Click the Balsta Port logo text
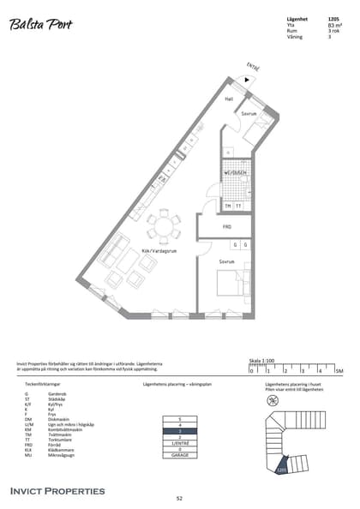point(40,26)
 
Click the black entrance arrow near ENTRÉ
point(247,79)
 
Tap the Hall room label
point(229,99)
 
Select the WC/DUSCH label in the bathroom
point(236,173)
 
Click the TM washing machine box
point(228,206)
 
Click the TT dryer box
point(239,206)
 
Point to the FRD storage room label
point(227,227)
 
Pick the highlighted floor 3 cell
point(180,431)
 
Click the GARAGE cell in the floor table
point(180,455)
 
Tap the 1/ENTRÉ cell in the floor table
point(180,443)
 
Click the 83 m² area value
point(333,26)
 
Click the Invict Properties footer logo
point(57,491)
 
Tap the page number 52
point(180,498)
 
